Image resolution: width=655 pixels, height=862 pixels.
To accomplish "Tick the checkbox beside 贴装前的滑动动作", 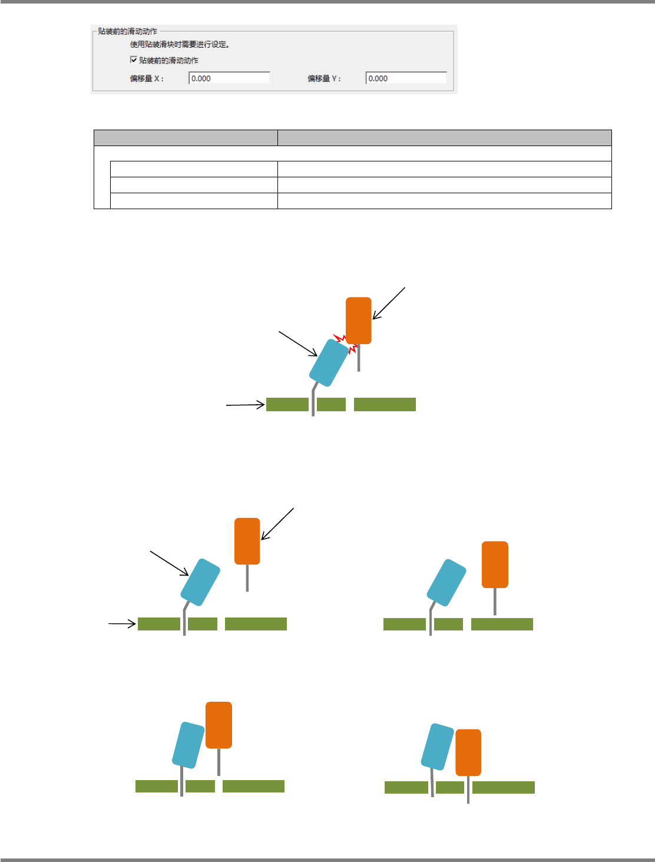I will pos(134,60).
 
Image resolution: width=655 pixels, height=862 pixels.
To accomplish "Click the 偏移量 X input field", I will pos(229,78).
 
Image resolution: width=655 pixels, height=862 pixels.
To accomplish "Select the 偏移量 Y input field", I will pos(406,78).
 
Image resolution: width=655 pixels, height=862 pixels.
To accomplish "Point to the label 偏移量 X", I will pos(147,78).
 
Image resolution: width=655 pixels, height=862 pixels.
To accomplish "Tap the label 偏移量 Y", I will pos(324,78).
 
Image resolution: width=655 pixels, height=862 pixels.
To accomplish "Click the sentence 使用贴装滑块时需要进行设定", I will pos(180,44).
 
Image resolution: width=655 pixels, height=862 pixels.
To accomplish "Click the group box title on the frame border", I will pos(128,31).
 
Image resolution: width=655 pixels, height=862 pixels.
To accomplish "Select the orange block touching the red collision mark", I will pos(359,320).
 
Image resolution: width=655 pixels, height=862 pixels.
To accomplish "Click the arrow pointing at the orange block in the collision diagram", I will pos(389,303).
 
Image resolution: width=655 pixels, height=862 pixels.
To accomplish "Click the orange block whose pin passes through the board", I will pos(468,752).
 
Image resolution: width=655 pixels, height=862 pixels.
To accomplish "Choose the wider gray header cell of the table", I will pos(444,138).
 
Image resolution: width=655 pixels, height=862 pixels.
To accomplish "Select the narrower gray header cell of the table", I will pos(186,138).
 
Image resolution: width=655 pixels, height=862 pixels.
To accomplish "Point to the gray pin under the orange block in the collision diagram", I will pos(359,358).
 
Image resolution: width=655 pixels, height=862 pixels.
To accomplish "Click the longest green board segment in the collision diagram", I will pos(385,404).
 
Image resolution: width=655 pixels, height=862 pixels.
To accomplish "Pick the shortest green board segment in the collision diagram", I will pos(331,404).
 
